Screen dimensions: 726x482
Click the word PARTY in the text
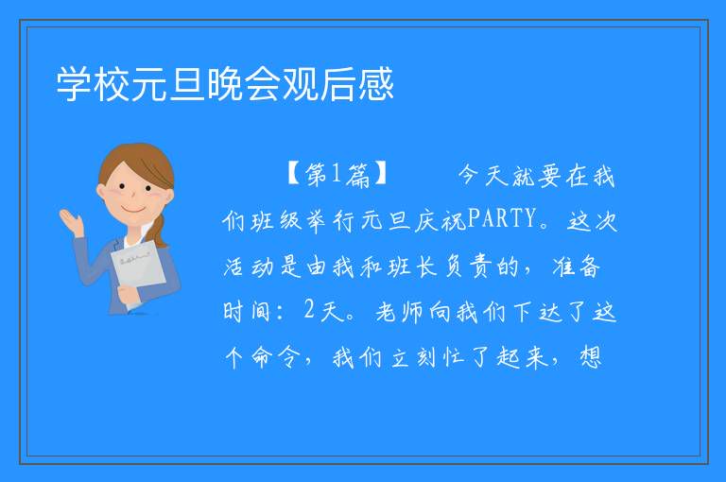pos(501,218)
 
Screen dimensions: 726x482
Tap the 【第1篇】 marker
pos(337,174)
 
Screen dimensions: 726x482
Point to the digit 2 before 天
pos(309,309)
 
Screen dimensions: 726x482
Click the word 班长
pos(412,267)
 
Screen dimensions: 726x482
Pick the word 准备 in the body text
pos(576,267)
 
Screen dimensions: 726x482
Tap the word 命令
pos(274,357)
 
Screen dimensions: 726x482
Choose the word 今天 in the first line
pos(483,176)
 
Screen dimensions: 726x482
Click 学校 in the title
pos(93,84)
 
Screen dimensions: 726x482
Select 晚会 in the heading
pos(244,84)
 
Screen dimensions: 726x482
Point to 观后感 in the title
pos(337,84)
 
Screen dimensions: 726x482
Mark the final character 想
pos(591,357)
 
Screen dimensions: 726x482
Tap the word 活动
pos(249,267)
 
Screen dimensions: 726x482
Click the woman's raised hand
pos(73,222)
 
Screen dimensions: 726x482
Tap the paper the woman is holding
pos(137,272)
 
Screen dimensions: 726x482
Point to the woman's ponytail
pos(159,230)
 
